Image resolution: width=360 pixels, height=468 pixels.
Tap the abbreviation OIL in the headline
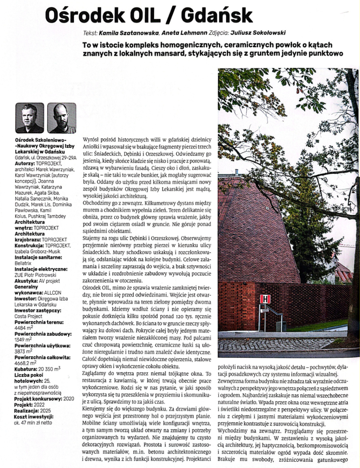pos(136,16)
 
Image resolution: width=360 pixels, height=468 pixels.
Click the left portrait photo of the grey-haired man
pos(29,118)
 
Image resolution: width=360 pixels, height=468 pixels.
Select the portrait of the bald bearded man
pos(62,118)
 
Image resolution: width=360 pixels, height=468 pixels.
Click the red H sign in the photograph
pos(265,299)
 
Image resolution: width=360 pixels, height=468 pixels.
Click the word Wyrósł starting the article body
pos(91,138)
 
